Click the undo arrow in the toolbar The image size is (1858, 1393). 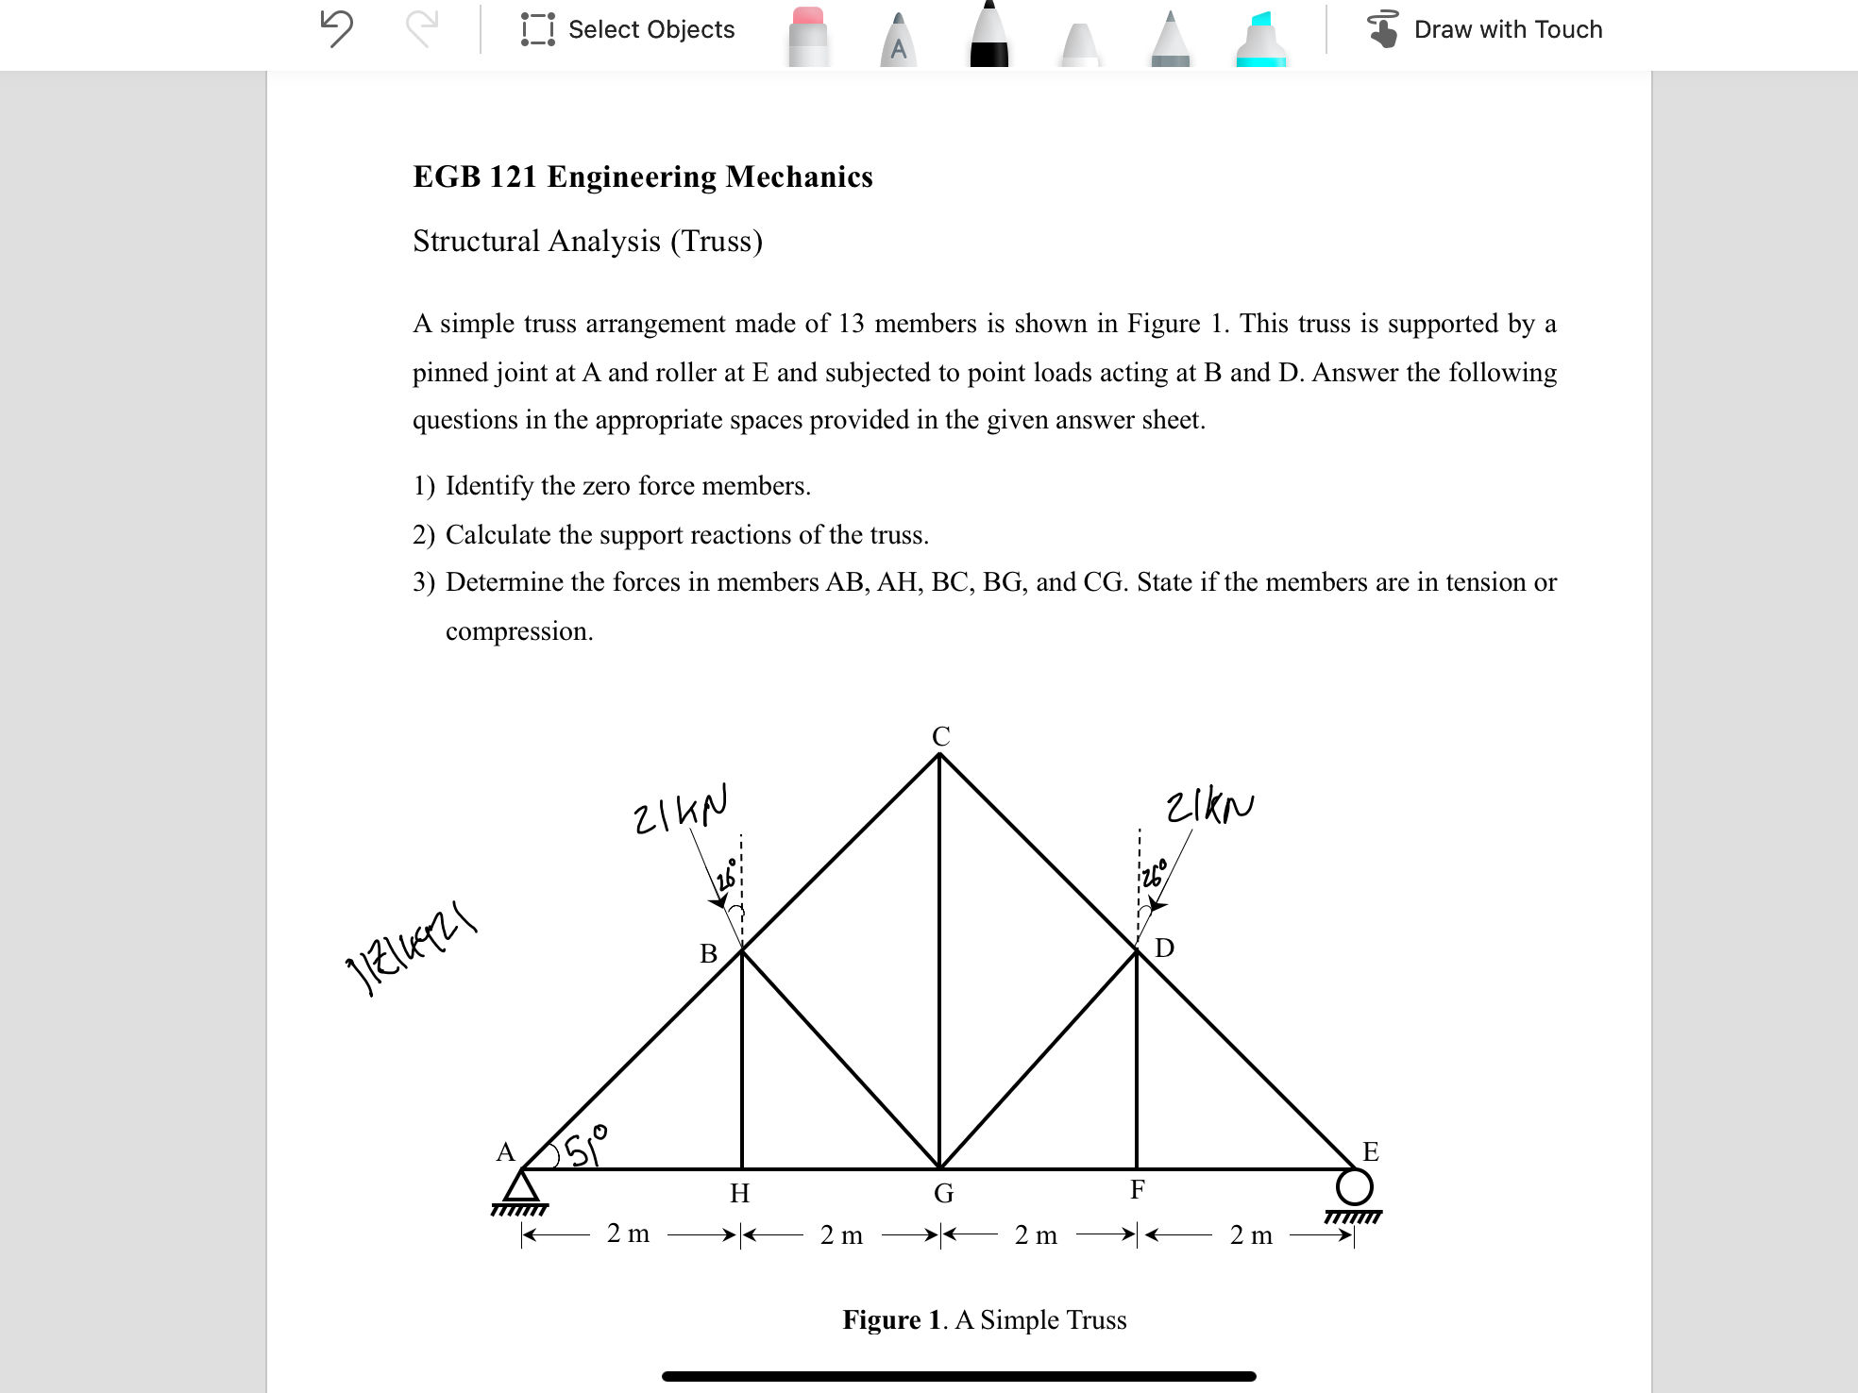[336, 28]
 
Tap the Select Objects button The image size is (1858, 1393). [628, 29]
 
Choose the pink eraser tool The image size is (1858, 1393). [807, 36]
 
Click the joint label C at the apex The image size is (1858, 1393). [940, 736]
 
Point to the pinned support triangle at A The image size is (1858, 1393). [520, 1186]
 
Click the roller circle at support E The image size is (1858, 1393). [1354, 1187]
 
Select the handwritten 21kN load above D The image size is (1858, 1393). [1209, 807]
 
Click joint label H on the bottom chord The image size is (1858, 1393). [739, 1194]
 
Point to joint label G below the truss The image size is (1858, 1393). [943, 1194]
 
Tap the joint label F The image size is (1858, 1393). [1138, 1190]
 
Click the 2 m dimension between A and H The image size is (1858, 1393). [628, 1234]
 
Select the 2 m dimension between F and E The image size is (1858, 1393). [1251, 1234]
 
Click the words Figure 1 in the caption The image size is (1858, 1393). [891, 1319]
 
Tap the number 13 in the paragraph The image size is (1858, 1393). [851, 324]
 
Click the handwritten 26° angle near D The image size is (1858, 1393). [1153, 874]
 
